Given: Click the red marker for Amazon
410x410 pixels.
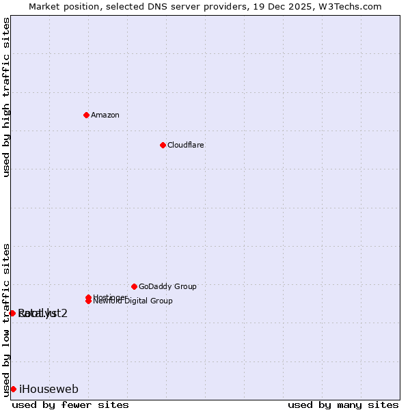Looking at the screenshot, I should coord(86,115).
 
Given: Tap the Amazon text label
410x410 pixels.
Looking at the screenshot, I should coord(105,115).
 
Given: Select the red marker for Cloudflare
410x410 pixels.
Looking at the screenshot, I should coord(163,145).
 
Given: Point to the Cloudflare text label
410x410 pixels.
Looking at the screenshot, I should coord(186,145).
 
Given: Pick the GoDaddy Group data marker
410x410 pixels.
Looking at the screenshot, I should coord(134,286).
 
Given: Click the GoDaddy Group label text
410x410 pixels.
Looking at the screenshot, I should coord(167,286).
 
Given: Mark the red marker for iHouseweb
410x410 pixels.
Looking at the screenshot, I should coord(13,389).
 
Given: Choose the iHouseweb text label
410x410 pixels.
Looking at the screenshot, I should coord(49,389).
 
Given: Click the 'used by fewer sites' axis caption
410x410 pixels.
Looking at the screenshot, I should coord(70,405).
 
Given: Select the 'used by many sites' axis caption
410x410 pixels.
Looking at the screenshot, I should coord(343,405).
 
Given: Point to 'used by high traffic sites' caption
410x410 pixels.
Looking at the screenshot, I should coord(7,97).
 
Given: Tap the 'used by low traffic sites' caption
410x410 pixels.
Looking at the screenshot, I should coord(7,320).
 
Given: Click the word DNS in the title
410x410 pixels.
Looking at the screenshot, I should coord(154,6).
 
